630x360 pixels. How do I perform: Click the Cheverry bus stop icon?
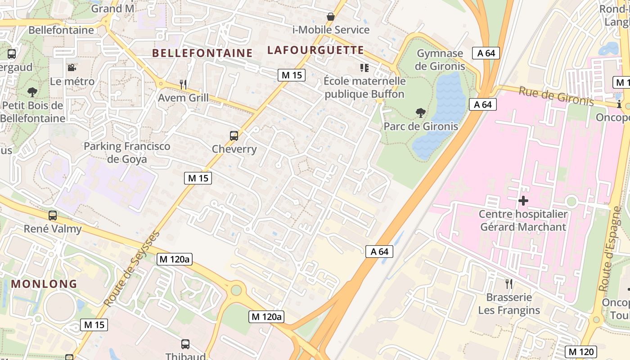(x=234, y=135)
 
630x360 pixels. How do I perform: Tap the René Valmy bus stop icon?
(x=53, y=216)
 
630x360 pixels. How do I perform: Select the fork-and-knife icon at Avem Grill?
(x=183, y=84)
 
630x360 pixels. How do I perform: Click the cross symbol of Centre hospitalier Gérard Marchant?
(x=523, y=201)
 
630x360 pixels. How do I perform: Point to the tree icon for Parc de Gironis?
(x=421, y=113)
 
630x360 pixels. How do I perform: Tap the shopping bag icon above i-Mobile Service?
(x=331, y=17)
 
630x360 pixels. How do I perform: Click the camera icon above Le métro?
(x=72, y=68)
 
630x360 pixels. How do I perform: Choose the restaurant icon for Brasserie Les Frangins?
(x=509, y=283)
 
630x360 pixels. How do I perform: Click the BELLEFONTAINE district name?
(x=202, y=53)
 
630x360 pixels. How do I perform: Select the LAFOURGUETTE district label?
(x=315, y=50)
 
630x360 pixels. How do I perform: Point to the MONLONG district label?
(x=44, y=284)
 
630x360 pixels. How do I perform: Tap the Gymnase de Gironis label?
(x=440, y=59)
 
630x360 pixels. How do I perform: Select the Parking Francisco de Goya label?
(x=127, y=153)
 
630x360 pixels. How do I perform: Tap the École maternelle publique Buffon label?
(x=364, y=88)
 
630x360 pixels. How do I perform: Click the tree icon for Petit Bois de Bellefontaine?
(x=32, y=92)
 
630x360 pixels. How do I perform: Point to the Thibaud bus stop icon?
(x=185, y=344)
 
